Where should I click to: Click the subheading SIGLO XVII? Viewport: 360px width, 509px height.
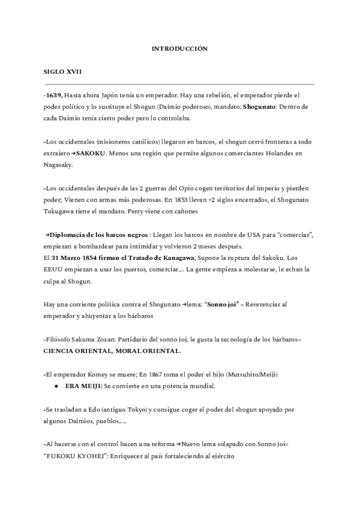pos(62,72)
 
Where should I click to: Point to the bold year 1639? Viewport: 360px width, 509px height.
pos(53,95)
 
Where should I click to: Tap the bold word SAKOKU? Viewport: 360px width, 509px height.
pos(92,153)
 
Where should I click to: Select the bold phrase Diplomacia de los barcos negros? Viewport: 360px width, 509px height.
pos(99,234)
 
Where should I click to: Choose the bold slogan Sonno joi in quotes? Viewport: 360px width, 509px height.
pos(223,304)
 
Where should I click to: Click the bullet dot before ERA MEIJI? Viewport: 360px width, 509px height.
pos(56,386)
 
